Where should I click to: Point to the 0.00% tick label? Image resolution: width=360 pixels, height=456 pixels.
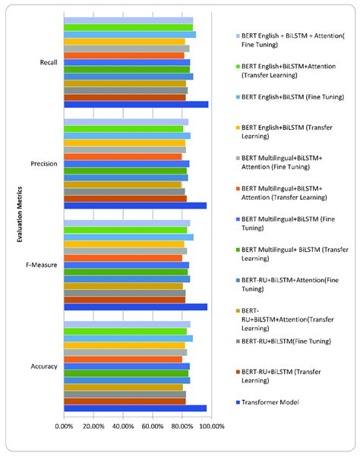tap(64, 426)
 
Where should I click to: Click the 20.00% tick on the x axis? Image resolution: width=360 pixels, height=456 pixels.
tap(93, 426)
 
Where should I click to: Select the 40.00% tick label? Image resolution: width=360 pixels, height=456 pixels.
tap(123, 426)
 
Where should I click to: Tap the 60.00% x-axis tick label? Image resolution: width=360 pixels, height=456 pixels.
tap(153, 426)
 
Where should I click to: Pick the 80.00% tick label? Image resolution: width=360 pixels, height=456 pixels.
tap(182, 426)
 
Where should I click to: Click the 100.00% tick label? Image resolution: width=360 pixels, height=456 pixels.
tap(211, 426)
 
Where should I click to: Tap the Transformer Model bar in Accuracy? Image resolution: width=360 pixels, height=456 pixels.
tap(134, 408)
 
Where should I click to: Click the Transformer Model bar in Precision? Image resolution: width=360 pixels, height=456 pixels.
tap(134, 206)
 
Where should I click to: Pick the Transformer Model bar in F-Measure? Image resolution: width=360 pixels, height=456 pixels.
tap(135, 307)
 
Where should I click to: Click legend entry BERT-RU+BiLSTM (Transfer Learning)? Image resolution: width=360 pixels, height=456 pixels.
tap(284, 372)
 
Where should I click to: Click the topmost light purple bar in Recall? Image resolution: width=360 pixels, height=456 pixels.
tap(128, 20)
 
